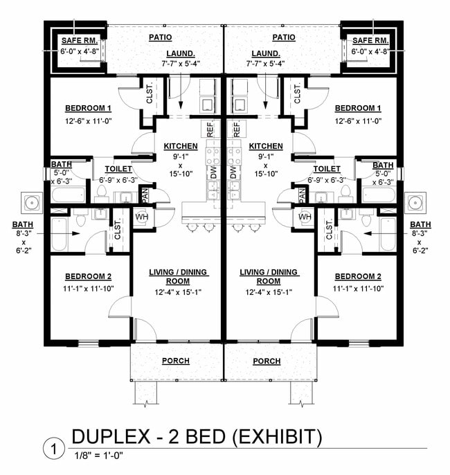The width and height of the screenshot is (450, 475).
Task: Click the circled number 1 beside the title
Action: pos(51,448)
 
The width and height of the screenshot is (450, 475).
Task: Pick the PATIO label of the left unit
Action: pos(160,37)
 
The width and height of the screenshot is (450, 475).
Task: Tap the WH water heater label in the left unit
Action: pos(141,217)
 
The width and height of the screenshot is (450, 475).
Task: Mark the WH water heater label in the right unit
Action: pos(305,217)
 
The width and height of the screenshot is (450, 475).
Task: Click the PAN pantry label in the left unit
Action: pos(145,195)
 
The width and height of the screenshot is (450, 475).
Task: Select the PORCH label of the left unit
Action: pos(176,361)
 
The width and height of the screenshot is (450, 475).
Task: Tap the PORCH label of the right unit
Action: pos(267,361)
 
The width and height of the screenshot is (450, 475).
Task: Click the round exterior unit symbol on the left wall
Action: pos(32,203)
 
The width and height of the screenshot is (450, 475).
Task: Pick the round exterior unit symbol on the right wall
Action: pos(415,203)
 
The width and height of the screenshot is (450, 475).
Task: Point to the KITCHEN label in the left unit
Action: pos(181,146)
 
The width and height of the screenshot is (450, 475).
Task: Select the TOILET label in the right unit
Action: pos(326,168)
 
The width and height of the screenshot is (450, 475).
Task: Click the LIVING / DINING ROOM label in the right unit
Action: pos(268,276)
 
